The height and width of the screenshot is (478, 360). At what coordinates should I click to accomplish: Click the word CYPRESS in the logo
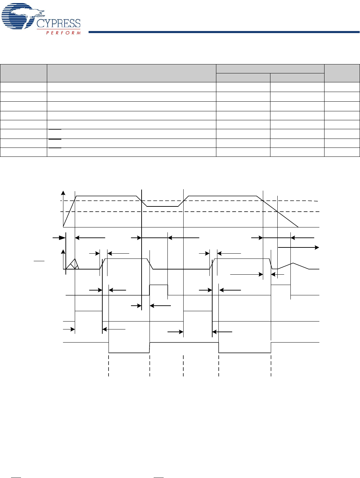click(59, 23)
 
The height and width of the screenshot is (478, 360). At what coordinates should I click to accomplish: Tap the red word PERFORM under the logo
click(63, 33)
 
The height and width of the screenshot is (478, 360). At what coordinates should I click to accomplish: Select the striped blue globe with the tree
click(19, 17)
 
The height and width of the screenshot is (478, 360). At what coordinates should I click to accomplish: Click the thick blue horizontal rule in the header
click(224, 32)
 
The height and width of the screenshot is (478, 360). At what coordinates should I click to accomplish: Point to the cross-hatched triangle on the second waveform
click(73, 265)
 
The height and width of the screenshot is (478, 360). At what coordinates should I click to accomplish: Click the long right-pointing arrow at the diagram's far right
click(298, 247)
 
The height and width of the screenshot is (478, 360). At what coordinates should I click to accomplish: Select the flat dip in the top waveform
click(163, 206)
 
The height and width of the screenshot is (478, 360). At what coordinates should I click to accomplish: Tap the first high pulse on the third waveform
click(158, 290)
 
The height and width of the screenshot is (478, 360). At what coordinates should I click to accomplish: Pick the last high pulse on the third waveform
click(280, 290)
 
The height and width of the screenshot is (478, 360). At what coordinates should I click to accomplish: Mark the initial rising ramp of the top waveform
click(69, 211)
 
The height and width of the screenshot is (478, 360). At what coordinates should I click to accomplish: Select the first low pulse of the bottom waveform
click(129, 348)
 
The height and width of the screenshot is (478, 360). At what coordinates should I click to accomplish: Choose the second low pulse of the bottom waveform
click(245, 348)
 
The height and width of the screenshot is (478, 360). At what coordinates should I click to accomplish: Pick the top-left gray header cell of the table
click(24, 73)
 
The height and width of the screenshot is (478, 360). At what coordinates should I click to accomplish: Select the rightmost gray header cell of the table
click(342, 73)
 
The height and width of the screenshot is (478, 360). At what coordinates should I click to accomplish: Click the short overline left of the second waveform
click(39, 261)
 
